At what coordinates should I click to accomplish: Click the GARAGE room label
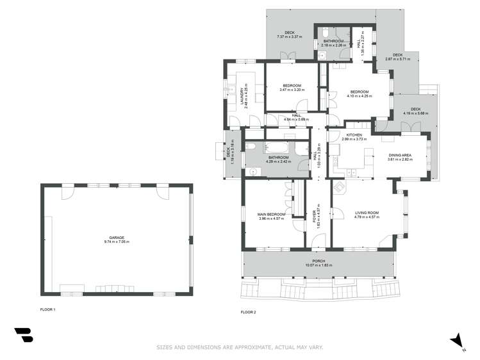[116, 237]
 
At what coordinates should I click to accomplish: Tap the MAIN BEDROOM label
[271, 214]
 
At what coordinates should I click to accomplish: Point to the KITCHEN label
[354, 135]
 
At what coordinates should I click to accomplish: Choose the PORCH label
[319, 261]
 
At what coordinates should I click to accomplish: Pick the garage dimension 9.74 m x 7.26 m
[116, 241]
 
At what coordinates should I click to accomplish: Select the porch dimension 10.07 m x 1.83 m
[319, 265]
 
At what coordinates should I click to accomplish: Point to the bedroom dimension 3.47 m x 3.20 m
[292, 90]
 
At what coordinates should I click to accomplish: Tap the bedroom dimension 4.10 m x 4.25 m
[360, 96]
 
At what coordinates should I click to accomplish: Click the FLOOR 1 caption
[48, 310]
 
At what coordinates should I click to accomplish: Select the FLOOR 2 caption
[248, 312]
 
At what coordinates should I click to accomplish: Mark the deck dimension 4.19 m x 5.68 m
[416, 113]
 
